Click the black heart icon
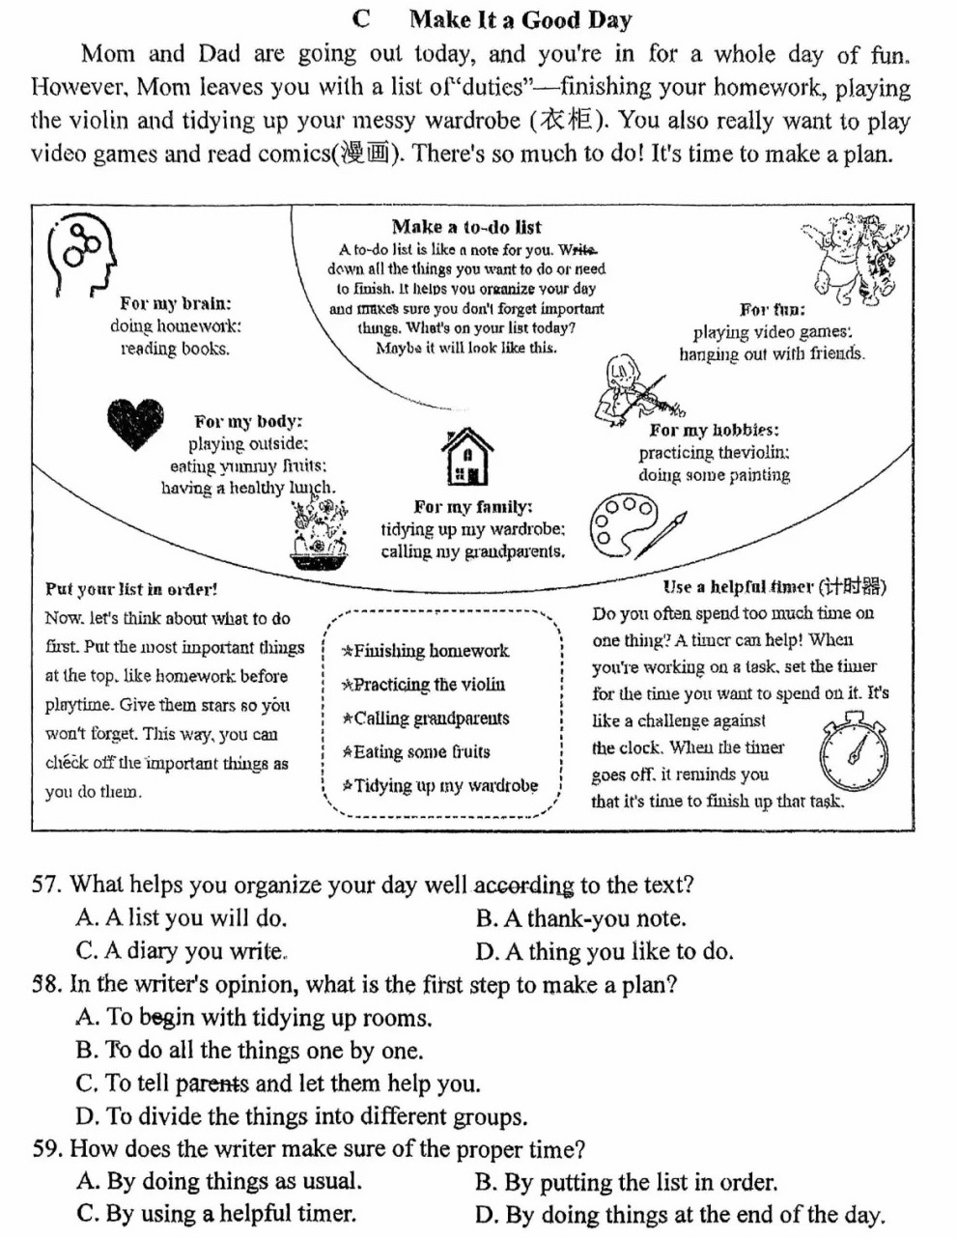point(135,423)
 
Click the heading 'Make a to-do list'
point(466,227)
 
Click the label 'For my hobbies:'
point(714,431)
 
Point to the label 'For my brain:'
point(175,304)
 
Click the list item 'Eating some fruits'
point(416,751)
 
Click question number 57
point(46,886)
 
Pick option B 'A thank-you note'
point(580,918)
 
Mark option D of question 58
point(301,1116)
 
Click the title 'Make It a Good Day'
point(520,19)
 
